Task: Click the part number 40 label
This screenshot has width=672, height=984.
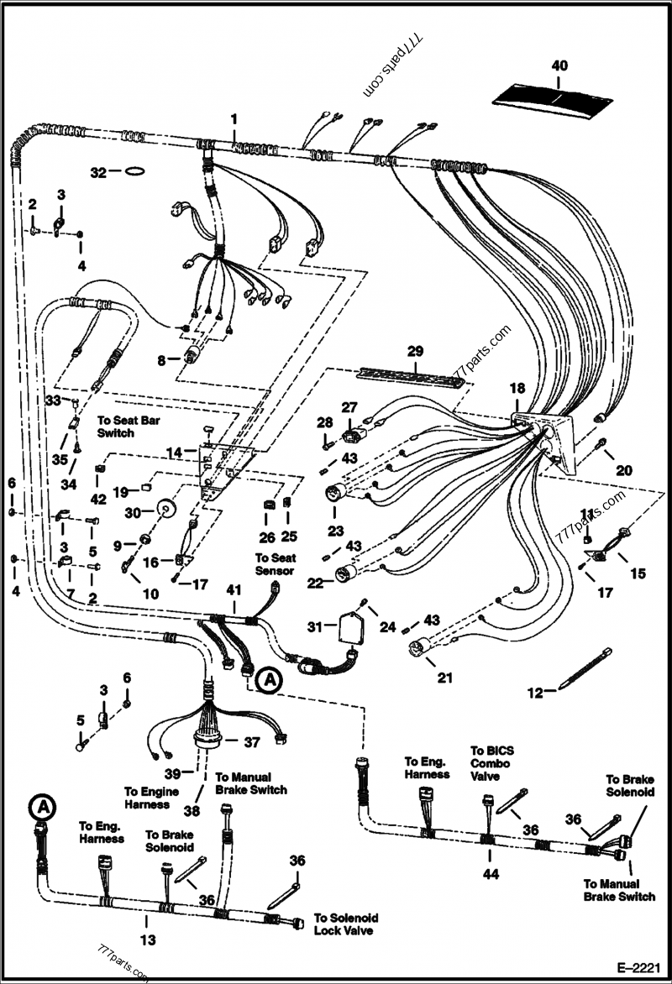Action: coord(560,65)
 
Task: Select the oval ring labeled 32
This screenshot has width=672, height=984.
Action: coord(132,172)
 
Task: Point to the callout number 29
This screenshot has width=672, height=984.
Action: coord(417,350)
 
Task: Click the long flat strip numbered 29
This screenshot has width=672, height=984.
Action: coord(414,375)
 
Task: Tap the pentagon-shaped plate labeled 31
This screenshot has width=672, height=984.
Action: coord(347,629)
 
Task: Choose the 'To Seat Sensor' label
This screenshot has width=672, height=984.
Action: coord(274,563)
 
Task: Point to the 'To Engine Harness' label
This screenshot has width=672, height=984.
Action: coord(151,798)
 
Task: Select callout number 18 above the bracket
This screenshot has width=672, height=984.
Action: coord(517,388)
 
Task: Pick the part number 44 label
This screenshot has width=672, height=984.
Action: coord(491,874)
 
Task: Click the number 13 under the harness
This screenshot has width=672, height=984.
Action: coord(148,940)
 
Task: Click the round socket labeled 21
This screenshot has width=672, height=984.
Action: coord(419,649)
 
